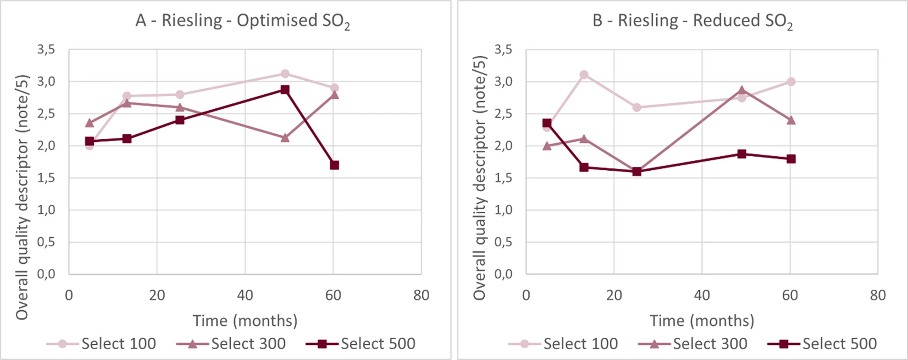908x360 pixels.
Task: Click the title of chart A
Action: pyautogui.click(x=243, y=21)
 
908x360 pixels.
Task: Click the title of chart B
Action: pyautogui.click(x=692, y=21)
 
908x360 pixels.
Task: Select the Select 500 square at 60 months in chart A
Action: pyautogui.click(x=334, y=165)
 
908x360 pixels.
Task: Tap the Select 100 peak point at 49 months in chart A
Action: pyautogui.click(x=285, y=74)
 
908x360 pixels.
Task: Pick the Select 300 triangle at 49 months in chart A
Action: pyautogui.click(x=285, y=138)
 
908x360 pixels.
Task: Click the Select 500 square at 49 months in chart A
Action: pyautogui.click(x=285, y=89)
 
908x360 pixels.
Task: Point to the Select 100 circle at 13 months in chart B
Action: pyautogui.click(x=584, y=75)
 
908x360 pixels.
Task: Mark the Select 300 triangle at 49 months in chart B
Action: pyautogui.click(x=742, y=90)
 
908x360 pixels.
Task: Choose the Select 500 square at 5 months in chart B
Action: pyautogui.click(x=547, y=123)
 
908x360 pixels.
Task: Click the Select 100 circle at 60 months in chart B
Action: pyautogui.click(x=791, y=82)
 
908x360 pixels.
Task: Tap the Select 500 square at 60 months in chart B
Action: pyautogui.click(x=791, y=159)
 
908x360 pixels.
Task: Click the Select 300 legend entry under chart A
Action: pyautogui.click(x=231, y=344)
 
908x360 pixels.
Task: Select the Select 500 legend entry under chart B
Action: pyautogui.click(x=822, y=344)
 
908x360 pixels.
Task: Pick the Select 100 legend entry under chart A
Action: pyautogui.click(x=102, y=344)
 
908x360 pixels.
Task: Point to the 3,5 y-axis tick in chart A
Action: pyautogui.click(x=46, y=50)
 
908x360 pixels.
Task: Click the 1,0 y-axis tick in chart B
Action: pyautogui.click(x=503, y=210)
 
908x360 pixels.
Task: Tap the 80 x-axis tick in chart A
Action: pyautogui.click(x=421, y=296)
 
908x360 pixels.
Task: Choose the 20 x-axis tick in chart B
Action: pyautogui.click(x=614, y=296)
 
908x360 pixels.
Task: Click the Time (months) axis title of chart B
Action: pyautogui.click(x=702, y=321)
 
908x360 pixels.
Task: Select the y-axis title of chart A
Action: pyautogui.click(x=22, y=197)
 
